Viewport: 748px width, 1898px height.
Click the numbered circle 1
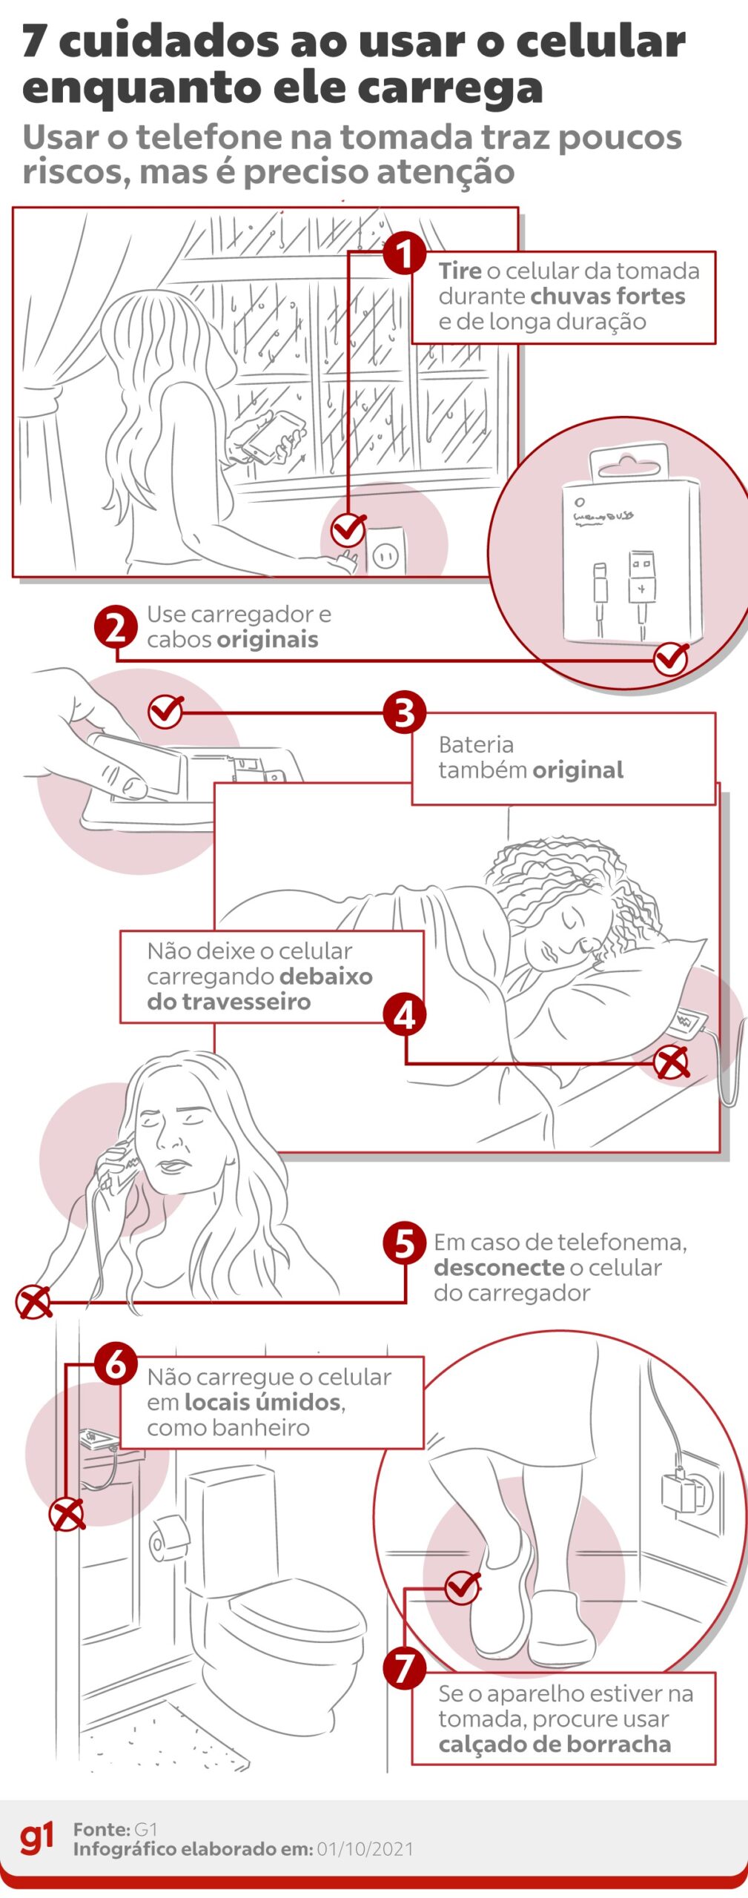(x=404, y=254)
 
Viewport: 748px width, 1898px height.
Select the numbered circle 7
(x=404, y=1669)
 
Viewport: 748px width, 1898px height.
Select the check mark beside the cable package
(x=671, y=658)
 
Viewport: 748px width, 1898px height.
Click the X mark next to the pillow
(x=672, y=1062)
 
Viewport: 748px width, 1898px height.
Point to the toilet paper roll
(x=169, y=1537)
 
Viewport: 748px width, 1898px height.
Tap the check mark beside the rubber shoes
(x=463, y=1587)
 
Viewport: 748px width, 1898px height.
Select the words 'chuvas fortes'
(x=608, y=297)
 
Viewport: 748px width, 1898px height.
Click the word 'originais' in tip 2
(x=268, y=640)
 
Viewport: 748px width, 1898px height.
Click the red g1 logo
(x=36, y=1837)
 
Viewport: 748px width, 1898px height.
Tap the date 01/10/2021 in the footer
(x=365, y=1848)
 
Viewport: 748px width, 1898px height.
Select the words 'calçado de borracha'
(x=555, y=1745)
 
